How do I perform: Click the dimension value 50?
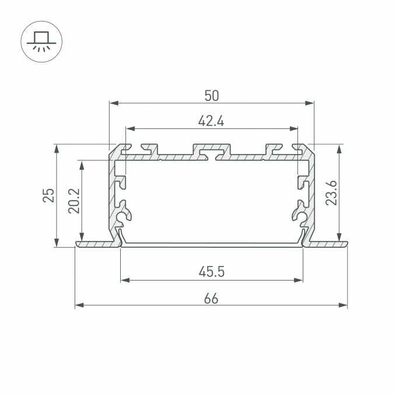[x=211, y=96]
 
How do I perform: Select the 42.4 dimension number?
[x=211, y=121]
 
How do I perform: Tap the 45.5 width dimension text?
[x=211, y=272]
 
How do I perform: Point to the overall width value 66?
[x=211, y=299]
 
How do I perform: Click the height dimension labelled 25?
[x=48, y=195]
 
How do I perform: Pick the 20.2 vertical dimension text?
[x=74, y=201]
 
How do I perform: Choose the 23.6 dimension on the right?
[x=331, y=192]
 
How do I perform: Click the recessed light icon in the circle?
[x=41, y=41]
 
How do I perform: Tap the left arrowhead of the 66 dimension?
[x=79, y=306]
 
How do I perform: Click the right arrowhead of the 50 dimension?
[x=310, y=103]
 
